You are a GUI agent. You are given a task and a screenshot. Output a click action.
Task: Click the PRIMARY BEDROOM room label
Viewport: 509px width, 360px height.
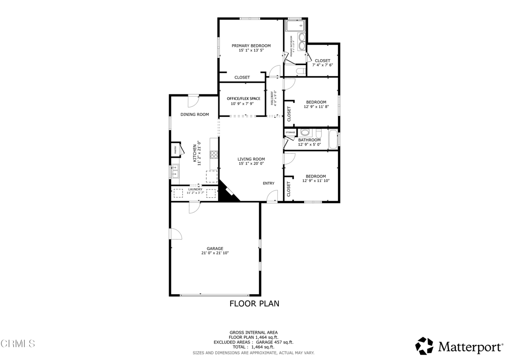251,45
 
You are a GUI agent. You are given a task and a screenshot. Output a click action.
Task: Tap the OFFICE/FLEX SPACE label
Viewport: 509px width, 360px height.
244,98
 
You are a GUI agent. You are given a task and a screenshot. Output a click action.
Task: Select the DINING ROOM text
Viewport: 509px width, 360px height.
194,114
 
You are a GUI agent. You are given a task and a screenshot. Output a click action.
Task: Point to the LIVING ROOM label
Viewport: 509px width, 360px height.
251,159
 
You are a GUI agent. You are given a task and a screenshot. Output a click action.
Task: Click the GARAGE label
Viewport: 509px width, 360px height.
215,248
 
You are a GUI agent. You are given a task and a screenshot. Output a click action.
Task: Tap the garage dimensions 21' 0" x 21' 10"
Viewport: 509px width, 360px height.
215,253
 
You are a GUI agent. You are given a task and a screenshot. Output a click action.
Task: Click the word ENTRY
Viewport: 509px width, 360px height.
268,183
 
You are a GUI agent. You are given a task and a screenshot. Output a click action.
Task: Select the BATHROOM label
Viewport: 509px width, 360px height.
309,140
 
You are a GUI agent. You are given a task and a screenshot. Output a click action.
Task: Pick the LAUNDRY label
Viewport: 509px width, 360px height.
195,189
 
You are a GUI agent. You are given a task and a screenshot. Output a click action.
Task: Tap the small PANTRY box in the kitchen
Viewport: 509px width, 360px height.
175,150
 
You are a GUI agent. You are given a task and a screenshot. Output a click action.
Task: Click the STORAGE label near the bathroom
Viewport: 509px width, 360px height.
290,132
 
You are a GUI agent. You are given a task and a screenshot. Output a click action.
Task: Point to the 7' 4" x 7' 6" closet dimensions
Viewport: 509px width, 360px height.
322,65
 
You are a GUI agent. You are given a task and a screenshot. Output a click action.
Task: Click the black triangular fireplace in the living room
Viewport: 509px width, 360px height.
227,193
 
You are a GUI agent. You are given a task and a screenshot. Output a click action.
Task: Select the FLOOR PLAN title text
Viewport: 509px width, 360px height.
254,303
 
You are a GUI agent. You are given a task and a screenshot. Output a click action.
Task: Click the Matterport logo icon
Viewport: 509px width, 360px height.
424,346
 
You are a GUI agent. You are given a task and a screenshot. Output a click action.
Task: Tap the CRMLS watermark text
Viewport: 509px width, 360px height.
18,344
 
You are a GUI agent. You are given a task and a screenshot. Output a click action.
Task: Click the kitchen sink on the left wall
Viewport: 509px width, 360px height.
175,172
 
